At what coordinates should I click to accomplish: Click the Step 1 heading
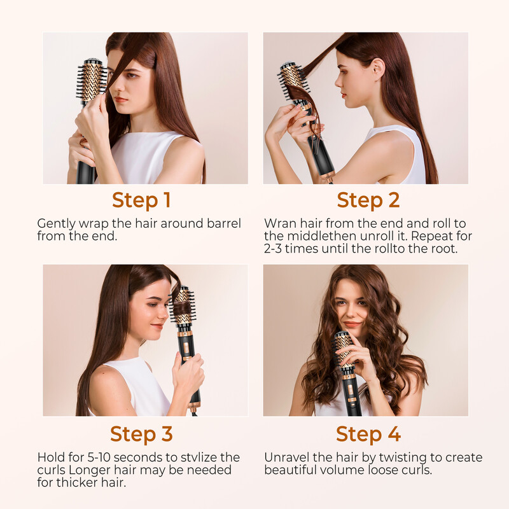141,200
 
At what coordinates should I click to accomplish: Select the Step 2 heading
368,200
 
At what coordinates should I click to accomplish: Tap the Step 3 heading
141,434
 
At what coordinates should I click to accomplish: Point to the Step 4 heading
368,434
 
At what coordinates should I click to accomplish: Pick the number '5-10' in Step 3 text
99,457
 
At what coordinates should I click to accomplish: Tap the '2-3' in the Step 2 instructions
273,249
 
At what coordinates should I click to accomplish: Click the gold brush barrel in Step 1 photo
92,81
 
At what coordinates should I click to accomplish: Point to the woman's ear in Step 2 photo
378,69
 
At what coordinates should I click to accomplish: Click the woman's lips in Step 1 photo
121,99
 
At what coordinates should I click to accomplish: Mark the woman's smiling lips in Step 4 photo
352,324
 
